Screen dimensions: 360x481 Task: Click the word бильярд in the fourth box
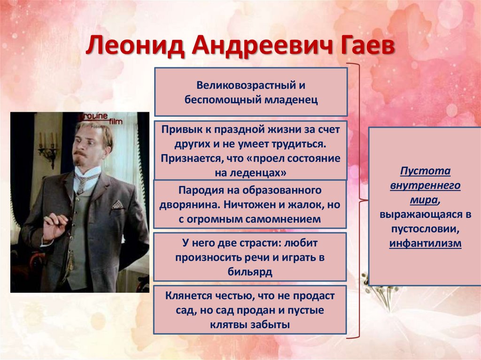coord(251,272)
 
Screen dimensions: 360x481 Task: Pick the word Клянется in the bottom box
coord(187,297)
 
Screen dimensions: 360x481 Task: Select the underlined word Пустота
coord(425,171)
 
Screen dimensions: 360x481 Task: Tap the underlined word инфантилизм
coord(425,244)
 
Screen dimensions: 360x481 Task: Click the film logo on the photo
coord(101,119)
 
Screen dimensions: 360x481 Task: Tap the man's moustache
coord(80,153)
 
